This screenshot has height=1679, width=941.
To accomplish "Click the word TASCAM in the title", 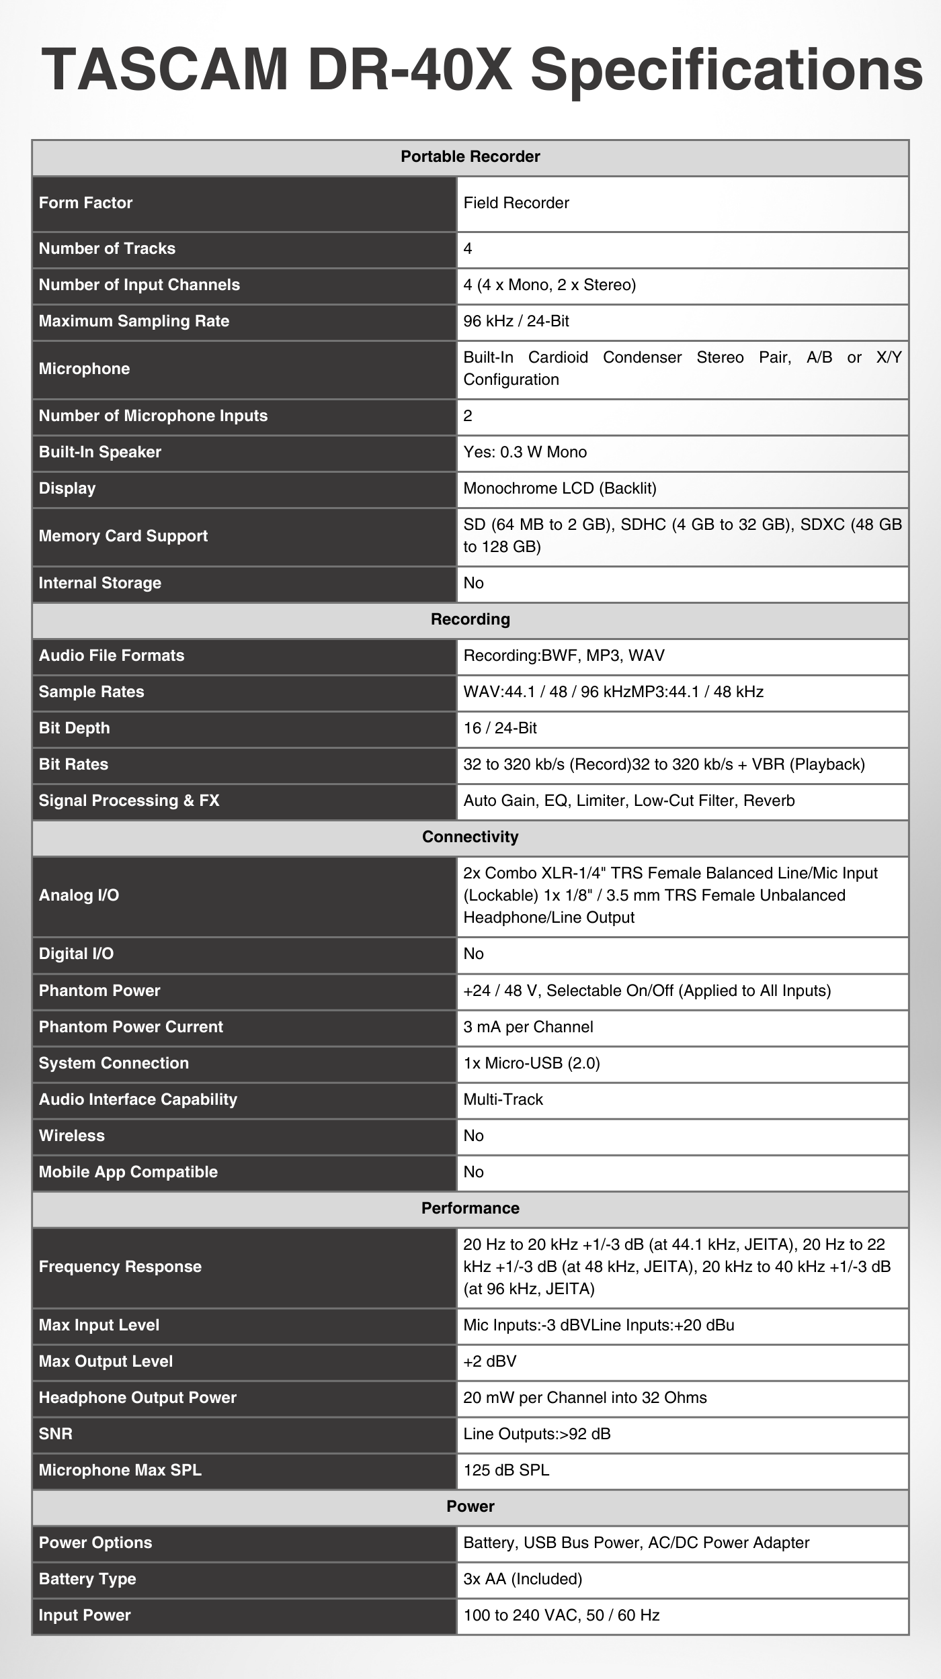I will (x=165, y=69).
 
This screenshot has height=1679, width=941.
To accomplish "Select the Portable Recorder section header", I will (x=470, y=156).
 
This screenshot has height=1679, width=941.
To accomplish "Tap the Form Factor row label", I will (x=85, y=203).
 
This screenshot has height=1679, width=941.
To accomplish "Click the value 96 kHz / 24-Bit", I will (x=516, y=321).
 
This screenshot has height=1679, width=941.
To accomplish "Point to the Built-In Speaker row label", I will (x=99, y=452).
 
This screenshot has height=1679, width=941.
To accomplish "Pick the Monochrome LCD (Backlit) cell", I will (x=559, y=488).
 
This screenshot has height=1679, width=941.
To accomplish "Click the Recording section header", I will (x=470, y=619).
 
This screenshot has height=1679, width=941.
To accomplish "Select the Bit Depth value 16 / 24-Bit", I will (x=499, y=728).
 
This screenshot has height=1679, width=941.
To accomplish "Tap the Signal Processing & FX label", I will (x=128, y=801).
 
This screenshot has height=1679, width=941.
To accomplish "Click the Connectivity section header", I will (x=470, y=837).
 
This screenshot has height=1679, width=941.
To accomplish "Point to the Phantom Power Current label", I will (x=130, y=1027).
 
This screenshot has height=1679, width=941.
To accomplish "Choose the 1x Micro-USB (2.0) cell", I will (x=531, y=1063).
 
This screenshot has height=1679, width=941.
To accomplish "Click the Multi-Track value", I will (x=503, y=1099).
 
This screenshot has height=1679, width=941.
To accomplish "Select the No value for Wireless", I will (x=473, y=1136).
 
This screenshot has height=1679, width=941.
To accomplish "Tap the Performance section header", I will (x=470, y=1208).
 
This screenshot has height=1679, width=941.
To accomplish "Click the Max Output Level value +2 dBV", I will (x=489, y=1361).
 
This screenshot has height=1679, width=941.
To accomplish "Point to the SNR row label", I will (x=55, y=1434).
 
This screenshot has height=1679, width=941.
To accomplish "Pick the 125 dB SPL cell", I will (x=505, y=1470).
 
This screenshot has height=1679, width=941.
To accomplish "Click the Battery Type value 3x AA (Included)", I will (x=522, y=1579).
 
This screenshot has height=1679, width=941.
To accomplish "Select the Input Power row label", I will (x=84, y=1615).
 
